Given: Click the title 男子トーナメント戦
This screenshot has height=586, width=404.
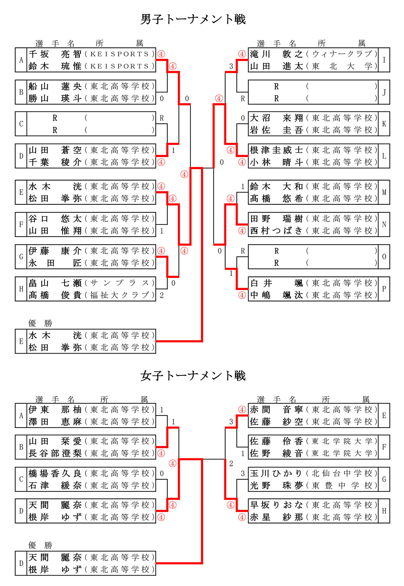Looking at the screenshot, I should tap(193, 19).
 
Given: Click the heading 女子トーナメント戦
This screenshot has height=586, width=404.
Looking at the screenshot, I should tap(193, 376).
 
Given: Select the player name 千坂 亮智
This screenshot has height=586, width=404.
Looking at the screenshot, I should tap(55, 54).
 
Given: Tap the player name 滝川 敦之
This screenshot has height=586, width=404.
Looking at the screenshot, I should tap(276, 54).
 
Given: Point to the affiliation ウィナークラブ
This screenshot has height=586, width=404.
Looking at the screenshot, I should tap(342, 54).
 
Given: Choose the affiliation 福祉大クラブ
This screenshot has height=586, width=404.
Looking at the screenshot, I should tap(120, 295).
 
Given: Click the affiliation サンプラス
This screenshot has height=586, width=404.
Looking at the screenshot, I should tap(120, 283).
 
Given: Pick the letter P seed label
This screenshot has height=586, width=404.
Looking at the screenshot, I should tap(384, 289).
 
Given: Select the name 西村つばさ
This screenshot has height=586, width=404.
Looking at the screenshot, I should tap(276, 231).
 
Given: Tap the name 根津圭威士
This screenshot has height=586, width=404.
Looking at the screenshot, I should tap(276, 150).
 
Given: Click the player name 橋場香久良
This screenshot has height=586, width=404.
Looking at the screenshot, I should tap(55, 474).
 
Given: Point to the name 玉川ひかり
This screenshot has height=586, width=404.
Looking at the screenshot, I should tap(276, 474).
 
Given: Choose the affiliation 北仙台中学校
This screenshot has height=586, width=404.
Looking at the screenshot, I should tap(342, 474).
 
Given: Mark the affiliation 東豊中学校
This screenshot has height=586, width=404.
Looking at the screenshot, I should tap(342, 486).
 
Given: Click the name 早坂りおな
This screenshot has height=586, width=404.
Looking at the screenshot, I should tap(276, 505).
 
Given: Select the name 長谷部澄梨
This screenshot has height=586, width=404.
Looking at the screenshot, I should tap(55, 453).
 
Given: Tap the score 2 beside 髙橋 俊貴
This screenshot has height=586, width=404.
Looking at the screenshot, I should tap(162, 295).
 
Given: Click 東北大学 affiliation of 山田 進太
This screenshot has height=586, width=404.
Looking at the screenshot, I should tap(342, 66).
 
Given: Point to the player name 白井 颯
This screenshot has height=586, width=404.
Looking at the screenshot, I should tap(276, 283).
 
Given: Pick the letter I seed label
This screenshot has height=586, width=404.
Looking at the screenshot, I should tap(384, 60).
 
